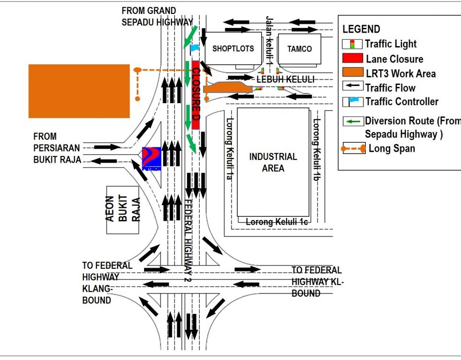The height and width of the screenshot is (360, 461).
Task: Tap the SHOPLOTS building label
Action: [233, 48]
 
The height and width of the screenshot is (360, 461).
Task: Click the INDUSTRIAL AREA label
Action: [273, 162]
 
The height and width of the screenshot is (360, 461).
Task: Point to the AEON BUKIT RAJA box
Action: [123, 209]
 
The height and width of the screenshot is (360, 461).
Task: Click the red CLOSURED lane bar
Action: [195, 95]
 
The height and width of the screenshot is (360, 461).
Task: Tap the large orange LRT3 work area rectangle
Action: [79, 91]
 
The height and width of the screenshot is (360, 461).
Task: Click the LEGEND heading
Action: [361, 29]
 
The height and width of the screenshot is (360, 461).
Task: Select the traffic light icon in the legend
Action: [352, 44]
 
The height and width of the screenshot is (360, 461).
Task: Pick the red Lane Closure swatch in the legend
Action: [352, 59]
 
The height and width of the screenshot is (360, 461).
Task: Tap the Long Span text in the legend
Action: [391, 148]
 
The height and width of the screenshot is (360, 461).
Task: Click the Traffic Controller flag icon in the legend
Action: [352, 102]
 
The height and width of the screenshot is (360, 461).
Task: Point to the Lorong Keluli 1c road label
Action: [276, 222]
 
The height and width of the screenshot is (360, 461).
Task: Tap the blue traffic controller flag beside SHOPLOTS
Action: [194, 48]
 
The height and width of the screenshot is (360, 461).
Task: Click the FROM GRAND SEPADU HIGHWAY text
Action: [157, 16]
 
